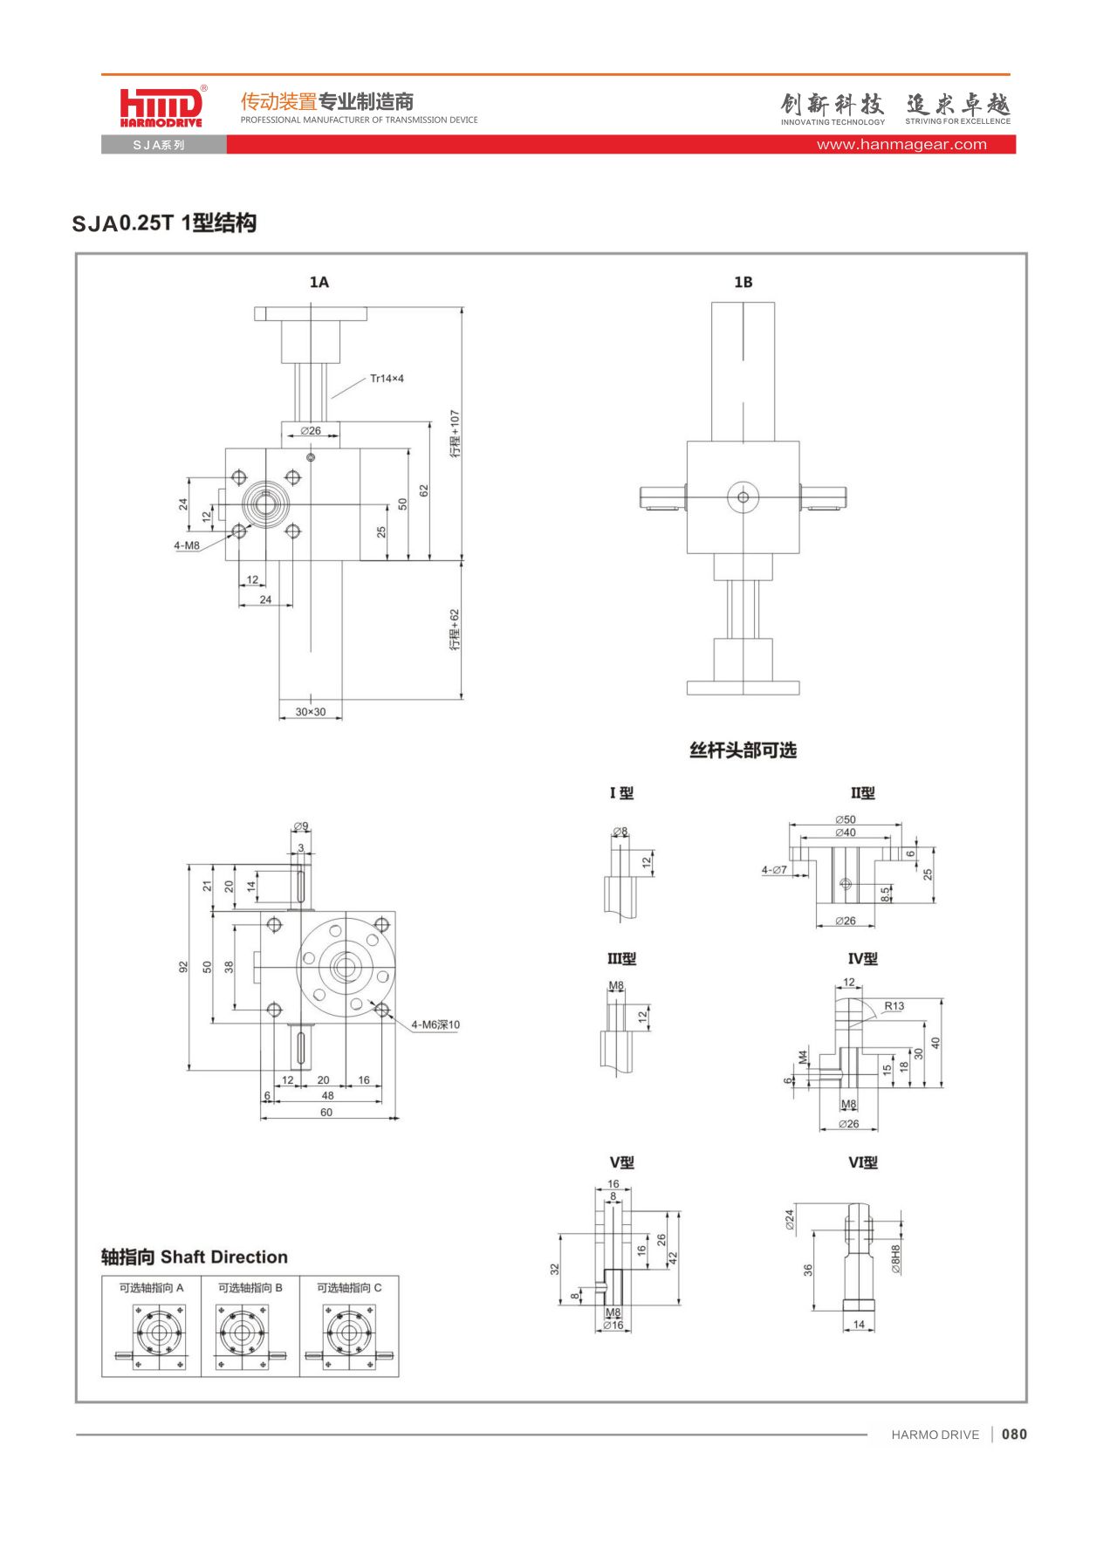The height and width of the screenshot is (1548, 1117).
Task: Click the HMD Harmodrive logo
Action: [161, 107]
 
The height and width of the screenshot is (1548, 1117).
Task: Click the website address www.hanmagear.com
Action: [901, 145]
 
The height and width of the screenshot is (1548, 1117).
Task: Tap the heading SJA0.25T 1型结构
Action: [164, 223]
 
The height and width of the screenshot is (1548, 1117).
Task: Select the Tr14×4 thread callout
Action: [387, 379]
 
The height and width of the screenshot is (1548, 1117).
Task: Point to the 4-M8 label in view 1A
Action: [187, 545]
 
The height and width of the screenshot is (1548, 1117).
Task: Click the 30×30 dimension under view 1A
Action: [310, 712]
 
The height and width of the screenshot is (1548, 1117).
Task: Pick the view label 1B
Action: [743, 282]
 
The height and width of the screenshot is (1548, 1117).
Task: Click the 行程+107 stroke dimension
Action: [455, 434]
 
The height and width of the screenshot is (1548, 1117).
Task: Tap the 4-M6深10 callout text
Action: [435, 1024]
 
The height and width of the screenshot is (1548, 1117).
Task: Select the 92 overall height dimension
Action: [183, 967]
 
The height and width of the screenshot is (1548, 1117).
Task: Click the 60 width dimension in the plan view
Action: [326, 1113]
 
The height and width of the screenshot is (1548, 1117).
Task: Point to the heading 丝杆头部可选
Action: [743, 750]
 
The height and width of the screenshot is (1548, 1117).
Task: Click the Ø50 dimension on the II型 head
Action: [845, 819]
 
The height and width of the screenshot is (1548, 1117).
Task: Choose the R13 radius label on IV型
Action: [894, 1006]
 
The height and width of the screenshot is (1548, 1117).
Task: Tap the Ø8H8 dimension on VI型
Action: [895, 1259]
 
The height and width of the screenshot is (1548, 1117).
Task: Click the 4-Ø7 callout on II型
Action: [774, 870]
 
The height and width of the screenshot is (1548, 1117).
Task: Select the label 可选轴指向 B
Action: [250, 1288]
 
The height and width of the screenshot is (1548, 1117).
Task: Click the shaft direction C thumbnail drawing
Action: [349, 1335]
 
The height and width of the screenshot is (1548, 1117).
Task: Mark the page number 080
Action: [1014, 1435]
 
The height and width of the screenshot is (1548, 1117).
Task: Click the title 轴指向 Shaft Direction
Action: [195, 1257]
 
